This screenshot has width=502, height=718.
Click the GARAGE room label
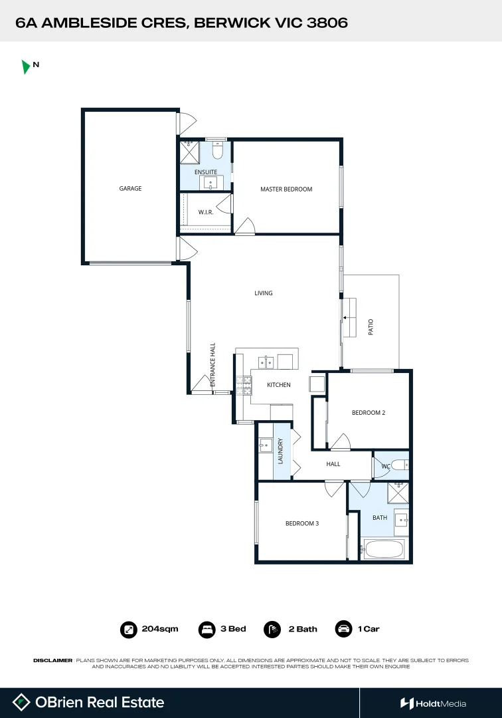pyautogui.click(x=130, y=189)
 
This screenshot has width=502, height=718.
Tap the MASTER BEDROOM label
pyautogui.click(x=286, y=189)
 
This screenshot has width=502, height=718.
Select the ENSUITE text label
pyautogui.click(x=206, y=172)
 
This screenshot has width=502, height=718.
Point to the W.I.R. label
pyautogui.click(x=205, y=213)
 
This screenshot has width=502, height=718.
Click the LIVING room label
pyautogui.click(x=264, y=293)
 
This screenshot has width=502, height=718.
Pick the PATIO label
pyautogui.click(x=371, y=327)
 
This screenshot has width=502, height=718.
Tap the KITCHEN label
pyautogui.click(x=279, y=385)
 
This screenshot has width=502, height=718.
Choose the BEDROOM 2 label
pyautogui.click(x=369, y=413)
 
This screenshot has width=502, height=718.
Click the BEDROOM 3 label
pyautogui.click(x=302, y=524)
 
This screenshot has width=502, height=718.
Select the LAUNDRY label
pyautogui.click(x=281, y=451)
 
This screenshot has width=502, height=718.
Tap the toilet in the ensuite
pyautogui.click(x=217, y=150)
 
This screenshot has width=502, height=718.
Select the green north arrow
pyautogui.click(x=26, y=66)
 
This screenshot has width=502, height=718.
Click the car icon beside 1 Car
pyautogui.click(x=343, y=629)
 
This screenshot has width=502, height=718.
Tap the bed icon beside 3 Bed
pyautogui.click(x=207, y=629)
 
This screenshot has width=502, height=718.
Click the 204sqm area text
pyautogui.click(x=160, y=629)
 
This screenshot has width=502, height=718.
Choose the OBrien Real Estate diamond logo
pyautogui.click(x=22, y=703)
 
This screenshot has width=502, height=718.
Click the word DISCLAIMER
pyautogui.click(x=52, y=660)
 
